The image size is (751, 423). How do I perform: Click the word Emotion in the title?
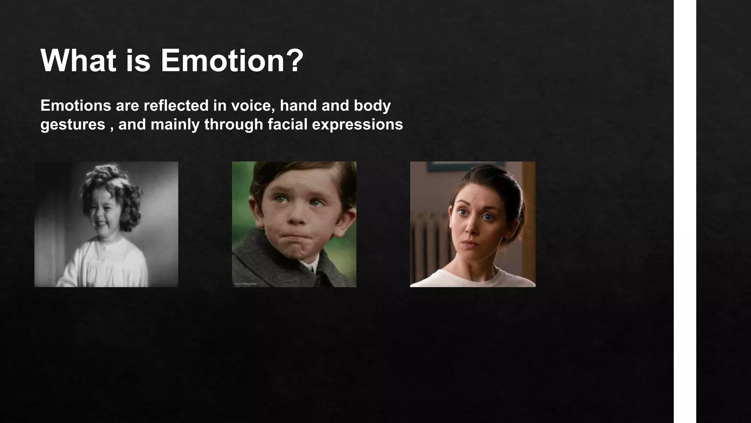[x=222, y=61]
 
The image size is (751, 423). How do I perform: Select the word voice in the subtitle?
[x=253, y=106]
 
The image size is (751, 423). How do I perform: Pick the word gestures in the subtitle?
[x=73, y=125]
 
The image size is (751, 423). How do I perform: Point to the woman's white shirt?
[x=473, y=279]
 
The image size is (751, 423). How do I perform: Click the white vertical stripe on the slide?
[x=685, y=211]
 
